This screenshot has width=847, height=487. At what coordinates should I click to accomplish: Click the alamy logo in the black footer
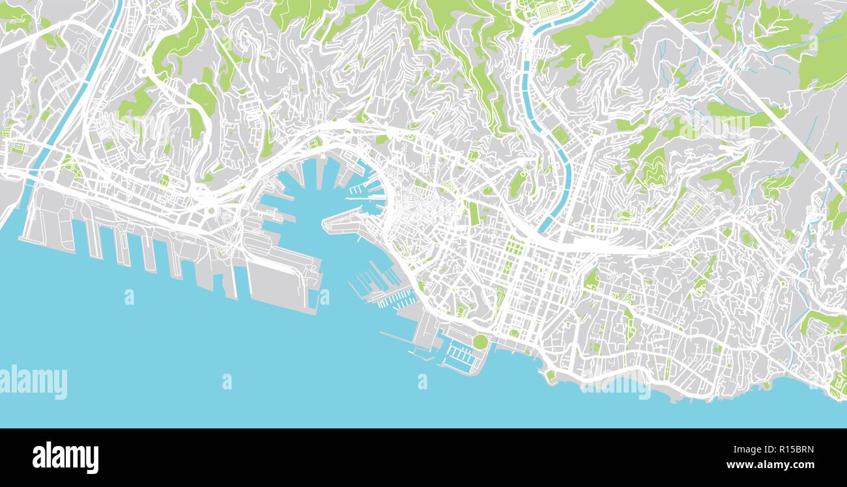coord(65,458)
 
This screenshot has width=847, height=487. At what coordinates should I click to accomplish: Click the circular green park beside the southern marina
coord(480,341)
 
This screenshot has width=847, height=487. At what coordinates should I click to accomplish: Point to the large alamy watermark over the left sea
coord(34,382)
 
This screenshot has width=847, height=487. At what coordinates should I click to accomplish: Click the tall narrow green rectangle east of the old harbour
coord(473,213)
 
